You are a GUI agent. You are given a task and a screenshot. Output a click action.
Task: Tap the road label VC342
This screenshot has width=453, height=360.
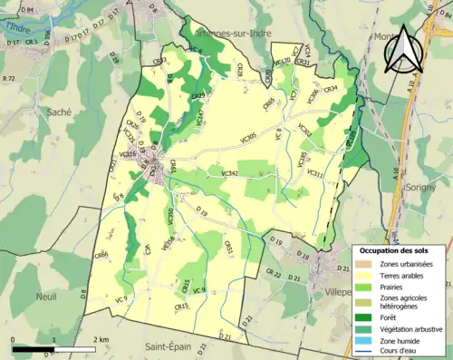tap(229, 172)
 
